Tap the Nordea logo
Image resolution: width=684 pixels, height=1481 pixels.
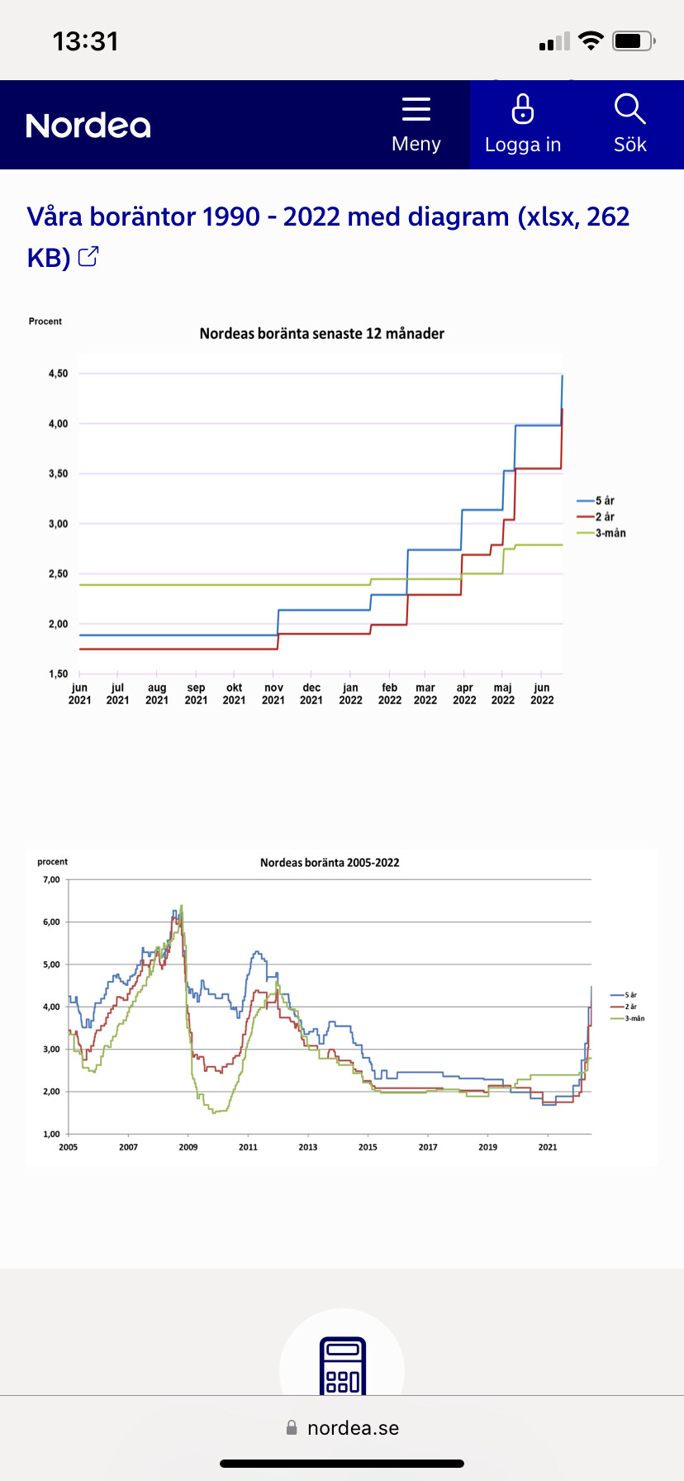(88, 126)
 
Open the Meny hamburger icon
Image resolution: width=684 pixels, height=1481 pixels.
(416, 109)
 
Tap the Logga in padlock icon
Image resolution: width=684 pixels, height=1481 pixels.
(523, 109)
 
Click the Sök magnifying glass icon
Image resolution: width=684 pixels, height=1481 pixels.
(629, 109)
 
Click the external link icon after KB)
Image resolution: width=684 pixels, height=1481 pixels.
(88, 257)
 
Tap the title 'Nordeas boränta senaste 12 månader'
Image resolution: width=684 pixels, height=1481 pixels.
(321, 334)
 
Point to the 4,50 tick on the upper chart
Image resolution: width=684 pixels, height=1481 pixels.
(58, 374)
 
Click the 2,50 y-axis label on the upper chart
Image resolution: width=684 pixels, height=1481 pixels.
(58, 574)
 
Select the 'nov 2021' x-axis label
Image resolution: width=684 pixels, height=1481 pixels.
(273, 693)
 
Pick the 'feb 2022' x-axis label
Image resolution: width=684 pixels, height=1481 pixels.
(390, 693)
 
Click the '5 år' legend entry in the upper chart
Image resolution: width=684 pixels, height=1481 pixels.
(605, 501)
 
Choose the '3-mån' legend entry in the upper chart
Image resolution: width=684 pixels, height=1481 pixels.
(610, 533)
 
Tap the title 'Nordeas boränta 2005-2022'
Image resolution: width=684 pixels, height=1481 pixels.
(330, 863)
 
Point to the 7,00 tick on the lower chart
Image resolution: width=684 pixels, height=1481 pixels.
(51, 879)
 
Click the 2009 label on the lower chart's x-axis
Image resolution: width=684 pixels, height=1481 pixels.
(188, 1147)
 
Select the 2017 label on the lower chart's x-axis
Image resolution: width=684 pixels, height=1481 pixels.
(428, 1147)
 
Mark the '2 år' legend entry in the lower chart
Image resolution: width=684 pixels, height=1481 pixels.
(630, 1007)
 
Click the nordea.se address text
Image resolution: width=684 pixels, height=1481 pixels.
(353, 1428)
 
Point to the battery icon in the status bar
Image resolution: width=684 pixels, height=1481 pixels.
(634, 40)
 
